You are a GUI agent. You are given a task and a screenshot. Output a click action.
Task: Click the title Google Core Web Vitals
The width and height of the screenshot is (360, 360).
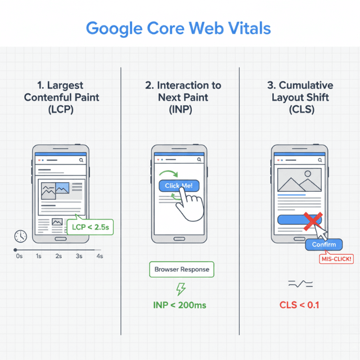(x=179, y=28)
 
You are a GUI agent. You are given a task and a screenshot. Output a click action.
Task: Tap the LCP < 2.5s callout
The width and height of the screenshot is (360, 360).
(x=89, y=227)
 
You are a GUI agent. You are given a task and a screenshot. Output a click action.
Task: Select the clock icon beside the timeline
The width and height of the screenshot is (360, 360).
(x=21, y=236)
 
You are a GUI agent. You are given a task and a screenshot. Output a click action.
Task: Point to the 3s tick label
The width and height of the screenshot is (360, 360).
(x=79, y=256)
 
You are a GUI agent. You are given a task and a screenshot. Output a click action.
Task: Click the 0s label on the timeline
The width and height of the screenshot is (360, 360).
(x=19, y=256)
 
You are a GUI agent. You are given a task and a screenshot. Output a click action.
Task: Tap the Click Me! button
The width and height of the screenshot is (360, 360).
(x=179, y=186)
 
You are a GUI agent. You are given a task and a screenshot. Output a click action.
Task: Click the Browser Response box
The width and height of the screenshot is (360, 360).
(x=181, y=269)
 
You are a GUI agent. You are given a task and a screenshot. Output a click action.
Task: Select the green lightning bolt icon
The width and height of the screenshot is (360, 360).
(x=181, y=289)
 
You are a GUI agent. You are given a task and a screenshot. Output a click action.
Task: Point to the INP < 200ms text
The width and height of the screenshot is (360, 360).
(x=180, y=305)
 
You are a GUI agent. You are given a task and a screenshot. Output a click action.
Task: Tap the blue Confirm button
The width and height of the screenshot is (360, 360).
(x=323, y=245)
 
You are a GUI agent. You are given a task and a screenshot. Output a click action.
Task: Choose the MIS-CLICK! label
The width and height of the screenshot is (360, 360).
(x=336, y=259)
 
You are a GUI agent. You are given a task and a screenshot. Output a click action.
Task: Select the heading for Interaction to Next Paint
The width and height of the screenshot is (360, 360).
(x=181, y=98)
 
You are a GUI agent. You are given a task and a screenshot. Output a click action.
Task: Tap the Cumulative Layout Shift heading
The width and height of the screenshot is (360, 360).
(x=299, y=98)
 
